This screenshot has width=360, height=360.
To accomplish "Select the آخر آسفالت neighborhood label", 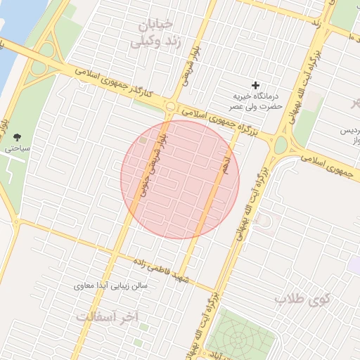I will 108,317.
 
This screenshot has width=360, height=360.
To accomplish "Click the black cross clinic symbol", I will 255,84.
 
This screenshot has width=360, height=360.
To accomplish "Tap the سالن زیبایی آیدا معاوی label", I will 111,286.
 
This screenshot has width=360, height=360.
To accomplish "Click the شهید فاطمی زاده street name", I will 166,270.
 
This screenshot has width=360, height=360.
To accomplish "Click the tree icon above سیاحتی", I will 18,137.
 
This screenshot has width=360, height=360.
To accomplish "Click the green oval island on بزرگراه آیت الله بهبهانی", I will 281,146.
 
